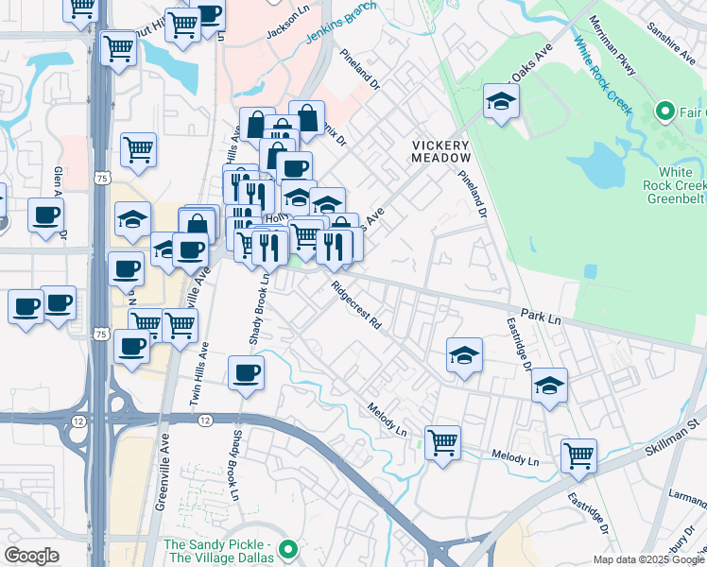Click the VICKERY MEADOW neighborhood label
click(x=440, y=150)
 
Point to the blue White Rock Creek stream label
click(x=601, y=75)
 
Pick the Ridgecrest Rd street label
click(x=356, y=304)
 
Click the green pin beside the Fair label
click(x=664, y=112)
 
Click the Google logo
click(x=32, y=555)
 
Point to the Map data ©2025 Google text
click(x=647, y=559)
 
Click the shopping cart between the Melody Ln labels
click(x=442, y=441)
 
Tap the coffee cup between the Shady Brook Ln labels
click(x=247, y=371)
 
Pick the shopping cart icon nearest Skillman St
click(x=578, y=455)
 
